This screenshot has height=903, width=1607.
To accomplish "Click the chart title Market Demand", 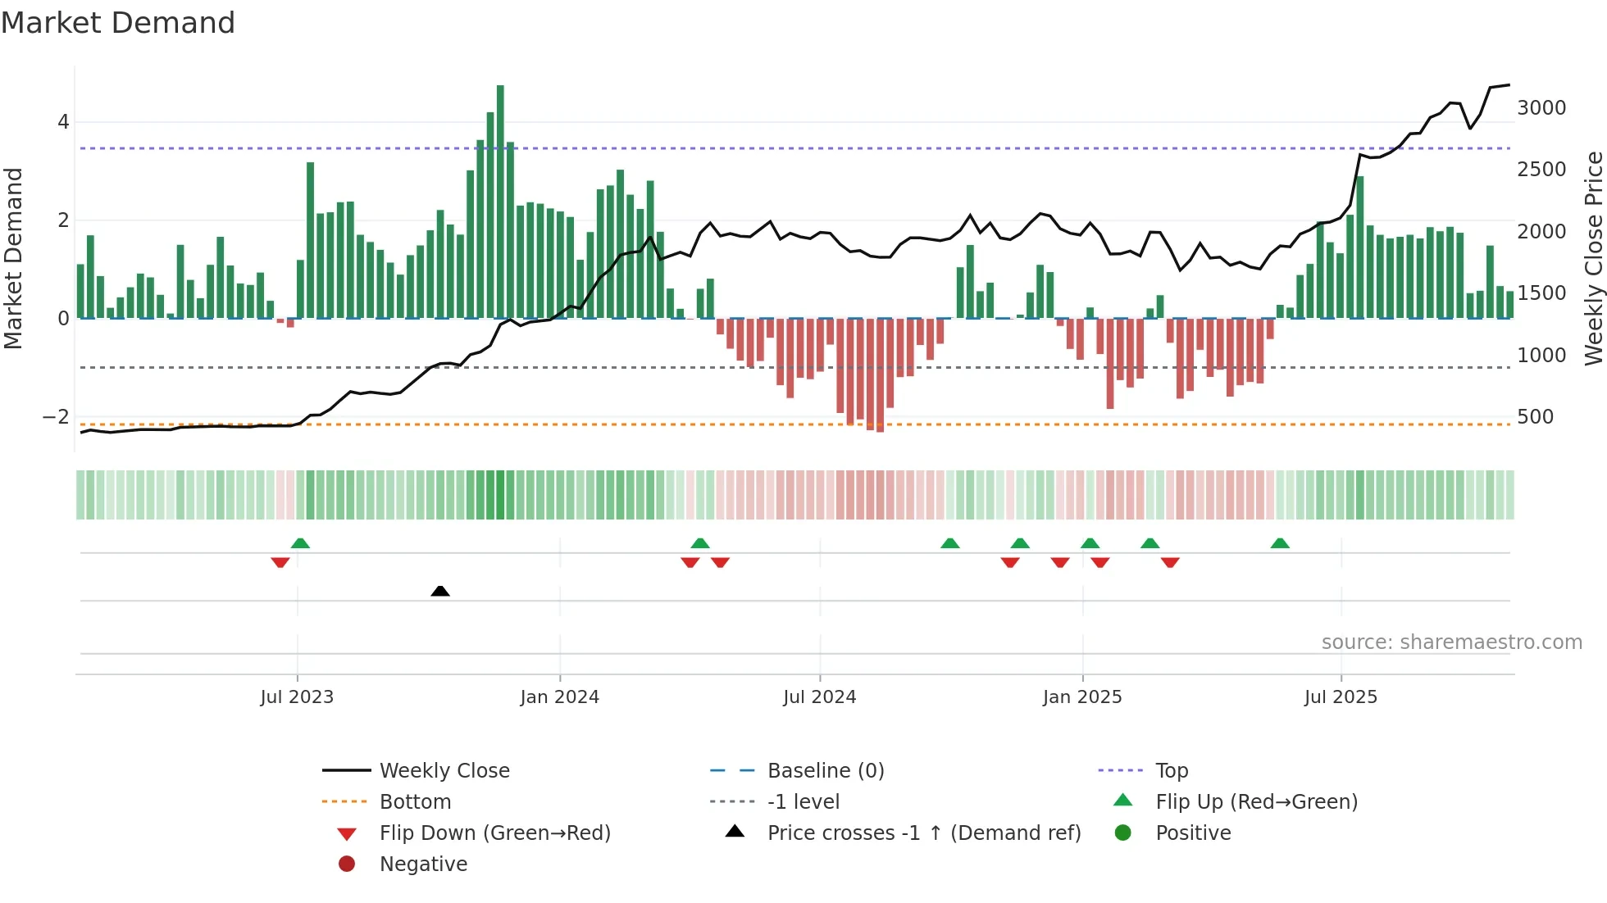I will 118,23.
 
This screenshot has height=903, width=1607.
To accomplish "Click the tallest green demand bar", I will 500,201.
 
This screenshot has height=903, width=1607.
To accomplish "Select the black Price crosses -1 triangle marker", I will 440,591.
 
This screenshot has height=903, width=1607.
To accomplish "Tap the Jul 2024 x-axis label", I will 819,697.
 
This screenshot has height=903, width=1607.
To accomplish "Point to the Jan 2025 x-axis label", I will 1082,697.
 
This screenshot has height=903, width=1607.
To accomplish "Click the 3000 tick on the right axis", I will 1541,108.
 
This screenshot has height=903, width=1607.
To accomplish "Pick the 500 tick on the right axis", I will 1535,417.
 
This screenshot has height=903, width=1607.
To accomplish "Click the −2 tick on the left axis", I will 56,417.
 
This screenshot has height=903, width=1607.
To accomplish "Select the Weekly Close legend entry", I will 444,771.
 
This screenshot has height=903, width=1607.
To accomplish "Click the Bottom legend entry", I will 415,802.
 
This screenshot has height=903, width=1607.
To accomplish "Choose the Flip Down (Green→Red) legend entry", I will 494,833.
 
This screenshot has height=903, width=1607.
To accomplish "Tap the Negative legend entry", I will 423,864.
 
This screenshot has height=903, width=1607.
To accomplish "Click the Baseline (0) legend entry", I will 825,771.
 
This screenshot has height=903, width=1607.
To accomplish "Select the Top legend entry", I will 1171,771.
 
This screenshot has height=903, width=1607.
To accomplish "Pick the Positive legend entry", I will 1193,833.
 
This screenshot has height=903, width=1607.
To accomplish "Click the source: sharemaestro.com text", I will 1451,642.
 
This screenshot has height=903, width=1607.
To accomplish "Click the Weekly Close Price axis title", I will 1593,258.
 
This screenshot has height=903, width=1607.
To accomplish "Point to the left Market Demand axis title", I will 13,258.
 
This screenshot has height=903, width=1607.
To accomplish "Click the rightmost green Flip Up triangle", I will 1280,543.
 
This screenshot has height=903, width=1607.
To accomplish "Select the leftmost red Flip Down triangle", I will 280,562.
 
